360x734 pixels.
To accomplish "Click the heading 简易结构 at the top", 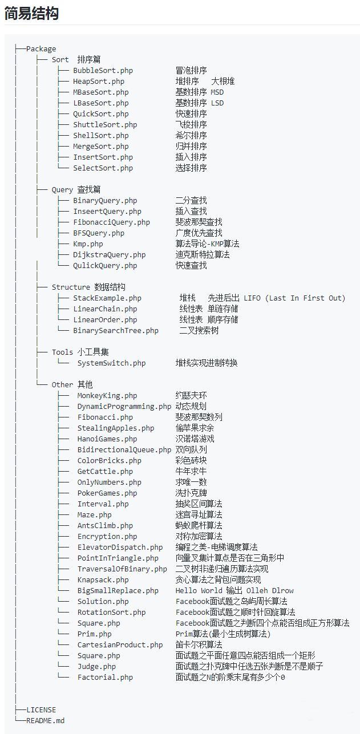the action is click(31, 14).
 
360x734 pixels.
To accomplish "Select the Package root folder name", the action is click(41, 49).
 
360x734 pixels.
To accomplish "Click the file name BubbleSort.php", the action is click(103, 71).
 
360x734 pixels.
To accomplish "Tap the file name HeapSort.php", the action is click(99, 81).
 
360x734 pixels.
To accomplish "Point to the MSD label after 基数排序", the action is click(217, 92).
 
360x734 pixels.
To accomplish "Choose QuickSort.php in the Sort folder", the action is click(100, 113).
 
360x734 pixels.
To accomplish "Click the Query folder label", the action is click(62, 190).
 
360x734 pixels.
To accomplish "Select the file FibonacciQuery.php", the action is click(111, 222).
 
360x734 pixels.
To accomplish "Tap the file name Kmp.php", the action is click(88, 244).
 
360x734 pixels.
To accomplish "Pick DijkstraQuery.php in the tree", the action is click(109, 254).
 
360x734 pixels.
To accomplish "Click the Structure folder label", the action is click(71, 287).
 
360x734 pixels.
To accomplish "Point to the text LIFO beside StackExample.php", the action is click(252, 298).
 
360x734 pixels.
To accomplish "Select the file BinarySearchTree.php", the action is click(116, 330).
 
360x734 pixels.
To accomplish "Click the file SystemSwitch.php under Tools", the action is click(111, 363).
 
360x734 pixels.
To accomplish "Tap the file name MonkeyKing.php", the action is click(107, 395).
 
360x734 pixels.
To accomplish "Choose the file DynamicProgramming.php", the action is click(124, 406).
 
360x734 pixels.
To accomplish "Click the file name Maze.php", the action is click(95, 515).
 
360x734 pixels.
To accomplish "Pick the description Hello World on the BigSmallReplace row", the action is click(199, 590).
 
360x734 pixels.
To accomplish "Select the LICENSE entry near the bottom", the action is click(41, 709).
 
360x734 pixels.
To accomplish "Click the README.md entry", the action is click(45, 720).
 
